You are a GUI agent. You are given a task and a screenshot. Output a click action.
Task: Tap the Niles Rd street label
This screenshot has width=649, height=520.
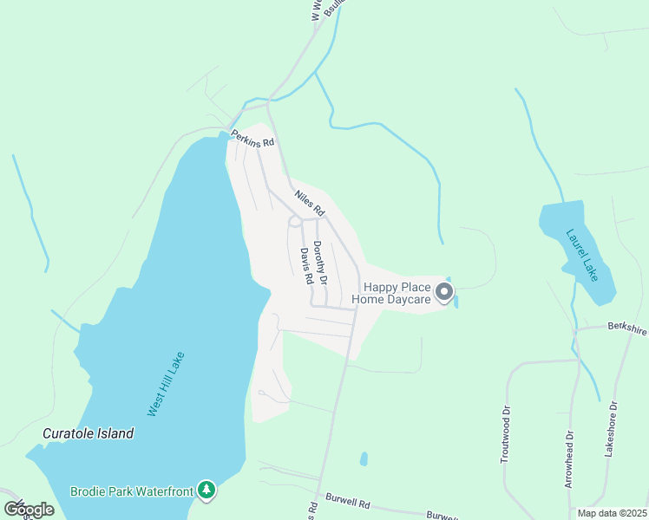pos(309,203)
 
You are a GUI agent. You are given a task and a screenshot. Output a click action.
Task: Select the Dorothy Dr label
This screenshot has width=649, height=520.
pos(320,263)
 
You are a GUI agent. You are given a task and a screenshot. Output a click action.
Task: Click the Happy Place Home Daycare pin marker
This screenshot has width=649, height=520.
pos(444,292)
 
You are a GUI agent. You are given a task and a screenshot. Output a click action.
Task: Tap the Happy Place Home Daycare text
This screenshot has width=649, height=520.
pos(397,293)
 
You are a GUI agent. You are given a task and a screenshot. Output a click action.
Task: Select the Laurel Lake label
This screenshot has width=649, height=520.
pos(583,254)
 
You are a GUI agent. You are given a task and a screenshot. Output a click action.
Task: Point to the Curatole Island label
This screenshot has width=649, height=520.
pos(88,433)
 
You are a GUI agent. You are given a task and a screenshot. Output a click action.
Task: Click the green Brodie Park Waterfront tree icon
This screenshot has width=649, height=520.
pos(206,491)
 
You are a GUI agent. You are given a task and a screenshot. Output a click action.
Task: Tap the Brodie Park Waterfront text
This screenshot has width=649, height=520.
pos(132,491)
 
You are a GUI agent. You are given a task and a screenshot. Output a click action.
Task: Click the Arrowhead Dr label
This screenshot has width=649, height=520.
pos(569,459)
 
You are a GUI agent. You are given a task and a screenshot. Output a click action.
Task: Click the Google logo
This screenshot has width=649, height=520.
pos(29,510)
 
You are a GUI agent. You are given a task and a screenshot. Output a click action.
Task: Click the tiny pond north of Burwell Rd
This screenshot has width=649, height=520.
pos(364,458)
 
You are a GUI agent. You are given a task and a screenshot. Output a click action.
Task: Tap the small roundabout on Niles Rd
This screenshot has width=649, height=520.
pos(295,222)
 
